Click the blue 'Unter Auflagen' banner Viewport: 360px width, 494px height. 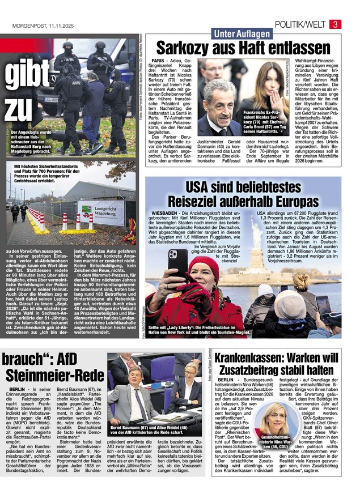[242, 34]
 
